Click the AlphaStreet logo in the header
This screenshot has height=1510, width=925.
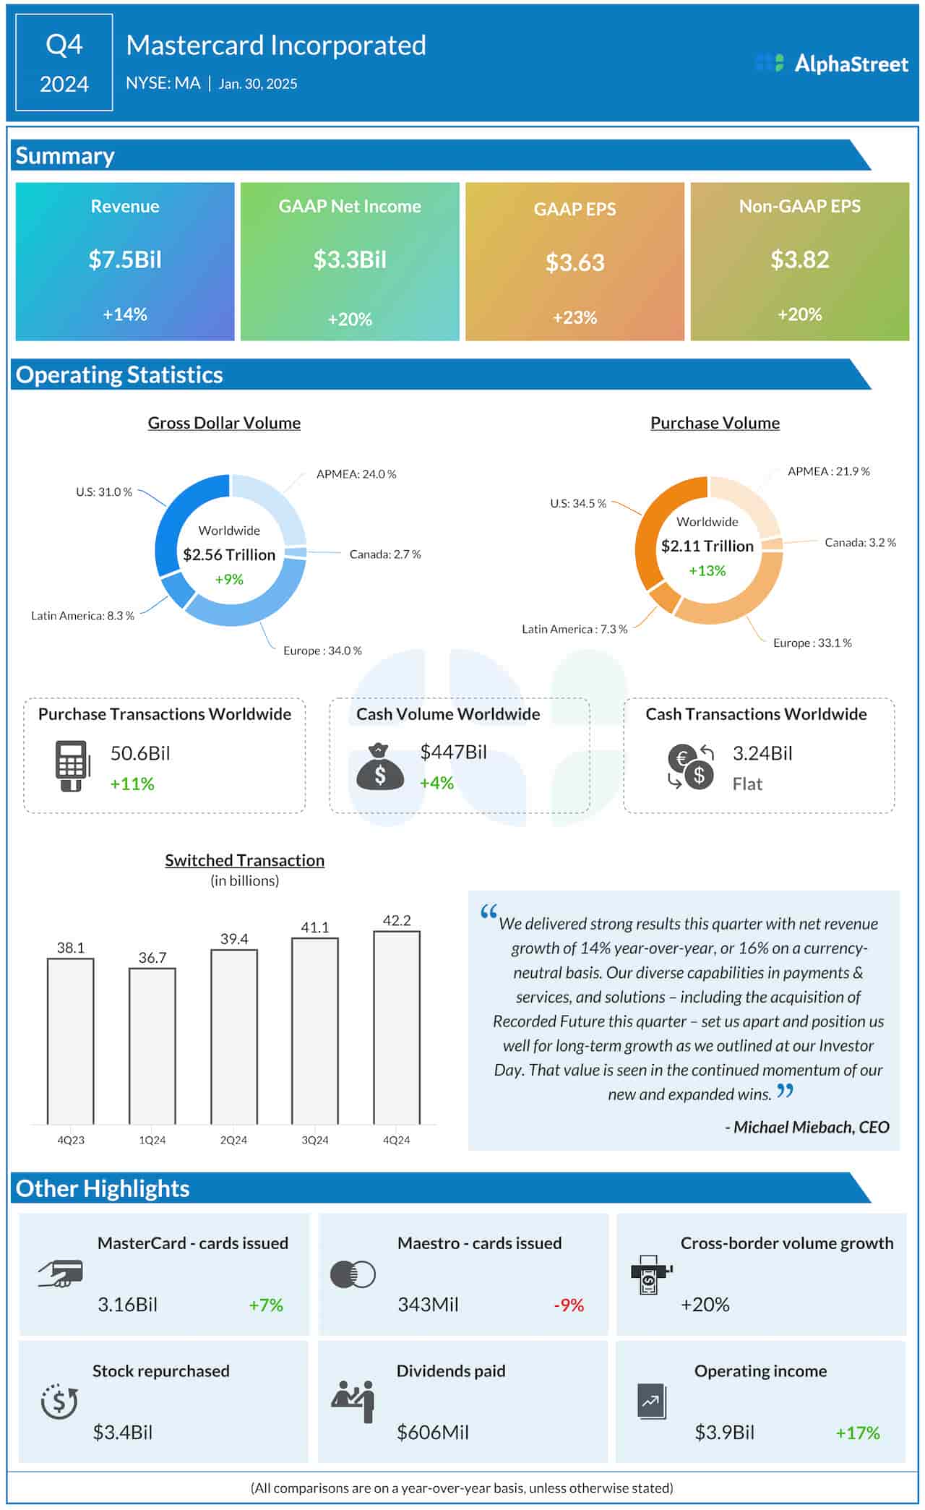pyautogui.click(x=831, y=64)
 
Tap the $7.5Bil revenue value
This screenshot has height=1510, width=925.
pyautogui.click(x=125, y=259)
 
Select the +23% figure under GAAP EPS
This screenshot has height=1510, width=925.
pyautogui.click(x=575, y=317)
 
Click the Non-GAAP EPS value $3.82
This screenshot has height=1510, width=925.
pyautogui.click(x=799, y=259)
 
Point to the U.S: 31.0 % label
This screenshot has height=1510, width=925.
pyautogui.click(x=104, y=492)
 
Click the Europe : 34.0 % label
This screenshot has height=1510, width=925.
pyautogui.click(x=322, y=651)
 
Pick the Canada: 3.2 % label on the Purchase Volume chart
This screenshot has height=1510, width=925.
pyautogui.click(x=860, y=542)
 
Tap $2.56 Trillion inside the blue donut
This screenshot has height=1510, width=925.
pyautogui.click(x=229, y=554)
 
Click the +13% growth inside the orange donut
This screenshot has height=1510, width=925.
pyautogui.click(x=707, y=570)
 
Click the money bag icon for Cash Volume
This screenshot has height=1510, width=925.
pyautogui.click(x=380, y=767)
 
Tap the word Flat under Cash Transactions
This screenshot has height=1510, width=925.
pyautogui.click(x=747, y=784)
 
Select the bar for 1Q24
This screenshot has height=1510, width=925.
pyautogui.click(x=152, y=1046)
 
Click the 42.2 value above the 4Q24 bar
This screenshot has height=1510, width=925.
pyautogui.click(x=397, y=920)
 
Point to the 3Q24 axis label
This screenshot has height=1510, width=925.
pyautogui.click(x=315, y=1140)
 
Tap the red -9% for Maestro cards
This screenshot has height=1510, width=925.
pyautogui.click(x=569, y=1305)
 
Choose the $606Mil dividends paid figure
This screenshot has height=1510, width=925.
pyautogui.click(x=432, y=1432)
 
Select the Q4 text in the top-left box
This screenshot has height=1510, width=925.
pyautogui.click(x=64, y=45)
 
